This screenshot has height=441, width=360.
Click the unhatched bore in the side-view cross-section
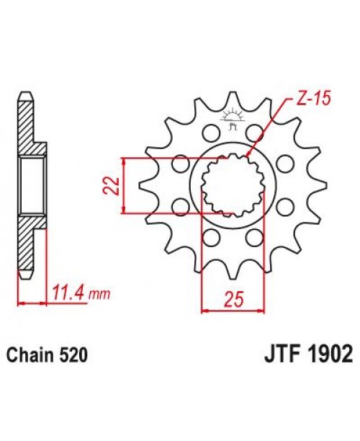point(32,185)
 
